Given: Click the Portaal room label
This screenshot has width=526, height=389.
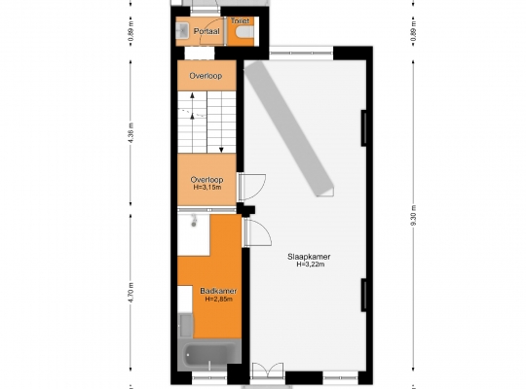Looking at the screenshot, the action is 207,31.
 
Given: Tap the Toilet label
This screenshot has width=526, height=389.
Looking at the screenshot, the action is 241,20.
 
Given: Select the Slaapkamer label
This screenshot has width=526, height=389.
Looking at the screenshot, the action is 309,257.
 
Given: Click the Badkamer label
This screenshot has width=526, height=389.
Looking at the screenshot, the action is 218,291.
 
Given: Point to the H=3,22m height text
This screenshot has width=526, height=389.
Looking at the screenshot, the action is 311,265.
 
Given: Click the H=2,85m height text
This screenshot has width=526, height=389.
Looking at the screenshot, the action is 219,299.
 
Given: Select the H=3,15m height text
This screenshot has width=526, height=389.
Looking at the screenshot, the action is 207,188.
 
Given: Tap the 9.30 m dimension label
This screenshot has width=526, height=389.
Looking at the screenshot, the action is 414,216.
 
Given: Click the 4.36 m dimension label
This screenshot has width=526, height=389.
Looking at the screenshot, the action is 131,132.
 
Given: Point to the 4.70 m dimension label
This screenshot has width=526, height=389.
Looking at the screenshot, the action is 131,293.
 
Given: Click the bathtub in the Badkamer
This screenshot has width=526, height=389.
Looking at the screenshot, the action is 209,355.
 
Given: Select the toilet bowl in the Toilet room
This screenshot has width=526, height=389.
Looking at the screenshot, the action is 244,32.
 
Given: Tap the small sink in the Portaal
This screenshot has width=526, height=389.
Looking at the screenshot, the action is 182,31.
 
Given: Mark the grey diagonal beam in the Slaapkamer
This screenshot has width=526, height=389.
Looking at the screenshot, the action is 289,128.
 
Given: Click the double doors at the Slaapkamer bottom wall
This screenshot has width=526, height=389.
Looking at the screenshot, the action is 268,371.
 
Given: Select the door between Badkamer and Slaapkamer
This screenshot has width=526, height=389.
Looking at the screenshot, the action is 257,232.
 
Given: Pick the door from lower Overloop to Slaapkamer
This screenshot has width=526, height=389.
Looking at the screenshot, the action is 252,187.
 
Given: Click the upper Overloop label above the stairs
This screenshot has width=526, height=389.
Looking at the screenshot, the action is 206,76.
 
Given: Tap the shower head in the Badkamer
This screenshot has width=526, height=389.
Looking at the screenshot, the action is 194,221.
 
